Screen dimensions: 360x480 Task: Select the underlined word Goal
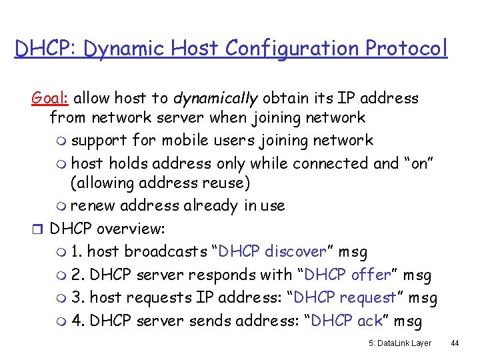pos(51,99)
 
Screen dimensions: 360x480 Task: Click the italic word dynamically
pos(215,99)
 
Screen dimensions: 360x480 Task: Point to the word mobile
pos(188,141)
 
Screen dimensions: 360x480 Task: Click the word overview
pos(130,229)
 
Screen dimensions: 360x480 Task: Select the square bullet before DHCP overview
pos(37,229)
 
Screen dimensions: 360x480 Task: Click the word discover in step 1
pos(295,251)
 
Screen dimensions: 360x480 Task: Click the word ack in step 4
pos(369,321)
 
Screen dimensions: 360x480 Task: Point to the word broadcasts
pos(148,251)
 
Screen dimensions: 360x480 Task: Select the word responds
pos(215,275)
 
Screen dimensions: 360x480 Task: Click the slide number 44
pos(455,343)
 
